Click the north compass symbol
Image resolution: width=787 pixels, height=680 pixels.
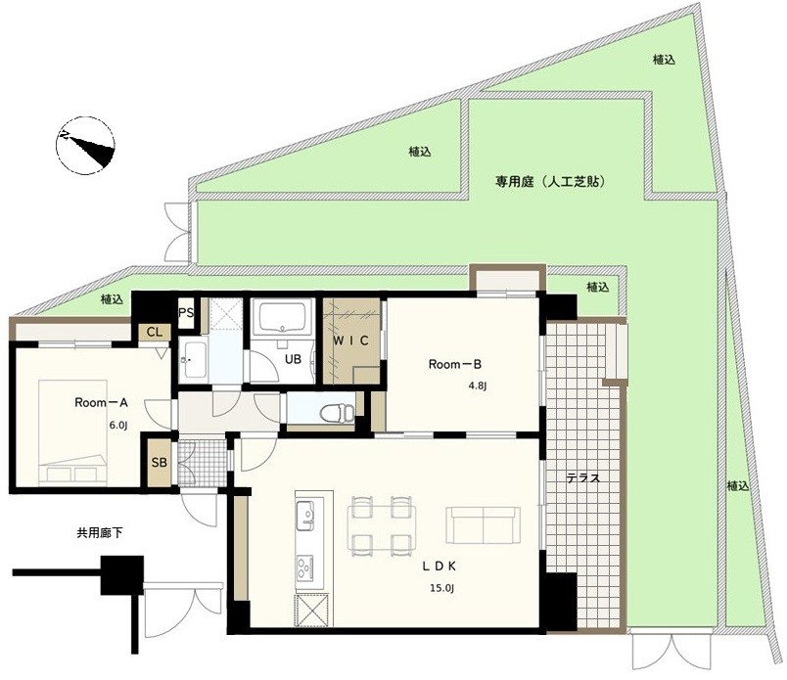[85, 145]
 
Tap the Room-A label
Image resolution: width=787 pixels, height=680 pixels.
[102, 402]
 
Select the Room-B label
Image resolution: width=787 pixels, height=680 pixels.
[455, 364]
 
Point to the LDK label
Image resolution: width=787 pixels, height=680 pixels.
[440, 567]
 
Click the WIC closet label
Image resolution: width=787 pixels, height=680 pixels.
[351, 340]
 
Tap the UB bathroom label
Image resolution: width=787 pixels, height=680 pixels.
[293, 359]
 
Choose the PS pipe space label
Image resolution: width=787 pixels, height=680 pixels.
[186, 313]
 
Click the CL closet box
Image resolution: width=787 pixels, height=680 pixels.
[155, 333]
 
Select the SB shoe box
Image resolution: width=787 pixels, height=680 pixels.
[160, 462]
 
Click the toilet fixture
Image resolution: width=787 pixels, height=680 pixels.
[337, 413]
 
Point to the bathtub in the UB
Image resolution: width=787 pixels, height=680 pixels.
[283, 317]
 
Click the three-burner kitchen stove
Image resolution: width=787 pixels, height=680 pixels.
[304, 568]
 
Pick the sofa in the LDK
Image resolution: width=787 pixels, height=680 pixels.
[483, 525]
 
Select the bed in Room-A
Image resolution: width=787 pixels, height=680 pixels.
[73, 432]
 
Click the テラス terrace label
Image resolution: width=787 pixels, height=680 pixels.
[583, 478]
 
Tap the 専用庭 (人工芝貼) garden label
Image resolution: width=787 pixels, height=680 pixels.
[550, 182]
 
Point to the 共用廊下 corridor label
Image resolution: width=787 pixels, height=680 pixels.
[100, 533]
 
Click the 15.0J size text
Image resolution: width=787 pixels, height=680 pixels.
[441, 588]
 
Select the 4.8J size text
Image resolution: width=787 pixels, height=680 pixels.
[478, 385]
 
